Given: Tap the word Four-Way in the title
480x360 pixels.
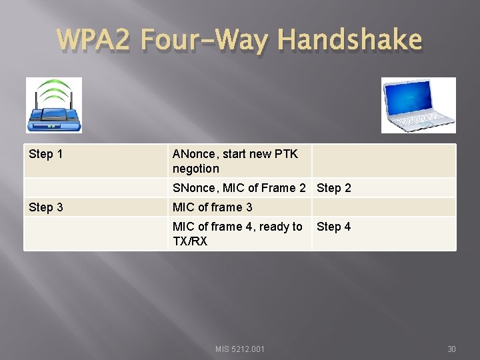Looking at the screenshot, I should pyautogui.click(x=207, y=40).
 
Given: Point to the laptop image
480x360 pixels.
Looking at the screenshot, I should pyautogui.click(x=418, y=105).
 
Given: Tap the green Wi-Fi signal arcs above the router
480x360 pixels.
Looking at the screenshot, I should pyautogui.click(x=53, y=89).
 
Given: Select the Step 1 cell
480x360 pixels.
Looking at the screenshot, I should pyautogui.click(x=46, y=154).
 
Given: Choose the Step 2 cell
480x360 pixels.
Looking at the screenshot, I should pyautogui.click(x=334, y=188).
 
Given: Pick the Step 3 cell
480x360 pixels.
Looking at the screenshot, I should pyautogui.click(x=46, y=207).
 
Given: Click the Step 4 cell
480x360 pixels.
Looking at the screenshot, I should pyautogui.click(x=334, y=227).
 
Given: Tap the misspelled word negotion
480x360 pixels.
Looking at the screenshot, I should pyautogui.click(x=196, y=169).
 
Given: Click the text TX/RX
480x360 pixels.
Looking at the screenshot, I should pyautogui.click(x=190, y=241).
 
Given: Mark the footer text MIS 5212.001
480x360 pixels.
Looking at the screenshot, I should pyautogui.click(x=240, y=349).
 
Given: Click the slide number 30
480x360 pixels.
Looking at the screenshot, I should pyautogui.click(x=451, y=349).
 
